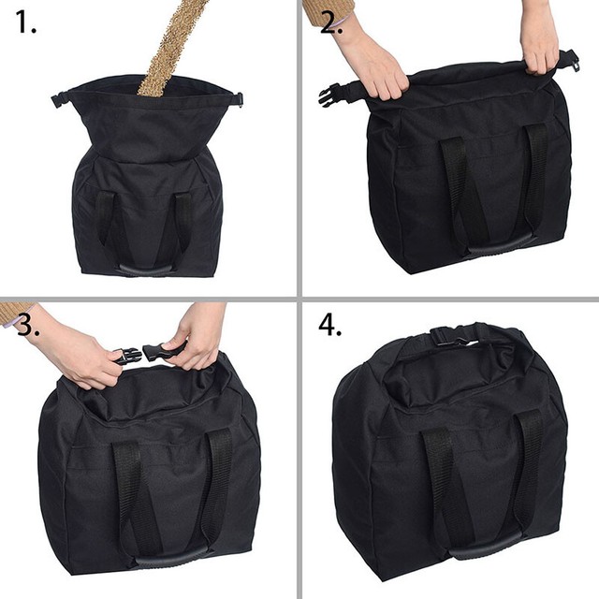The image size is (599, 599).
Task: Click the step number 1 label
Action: click(x=26, y=23)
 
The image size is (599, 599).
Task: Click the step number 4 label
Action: click(x=329, y=324)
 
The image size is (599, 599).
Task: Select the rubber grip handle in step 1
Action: click(x=147, y=267)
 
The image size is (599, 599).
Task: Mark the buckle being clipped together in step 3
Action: click(x=140, y=355)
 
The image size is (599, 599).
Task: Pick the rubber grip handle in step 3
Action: click(x=173, y=559)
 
